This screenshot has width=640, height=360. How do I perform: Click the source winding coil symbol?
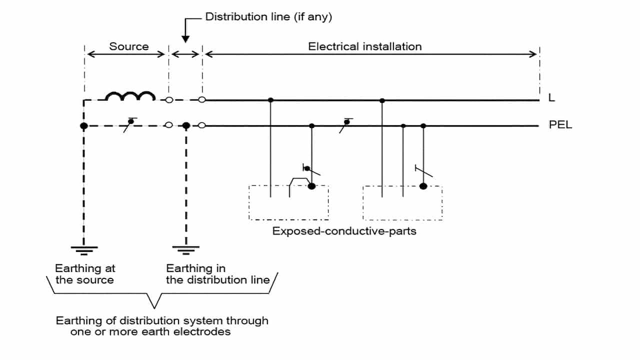pyautogui.click(x=130, y=96)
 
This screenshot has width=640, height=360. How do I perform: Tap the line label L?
pyautogui.click(x=551, y=98)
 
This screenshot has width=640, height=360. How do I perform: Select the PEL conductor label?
pyautogui.click(x=560, y=125)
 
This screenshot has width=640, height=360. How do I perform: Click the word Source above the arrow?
pyautogui.click(x=129, y=46)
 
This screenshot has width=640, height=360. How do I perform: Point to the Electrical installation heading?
pyautogui.click(x=364, y=46)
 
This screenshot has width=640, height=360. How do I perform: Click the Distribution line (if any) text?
pyautogui.click(x=268, y=17)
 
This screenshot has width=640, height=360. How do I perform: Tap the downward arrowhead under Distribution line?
pyautogui.click(x=185, y=38)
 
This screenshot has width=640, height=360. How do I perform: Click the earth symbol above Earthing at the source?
pyautogui.click(x=83, y=248)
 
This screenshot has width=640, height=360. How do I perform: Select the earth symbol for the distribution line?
pyautogui.click(x=186, y=248)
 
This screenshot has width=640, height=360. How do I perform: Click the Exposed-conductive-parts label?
pyautogui.click(x=344, y=231)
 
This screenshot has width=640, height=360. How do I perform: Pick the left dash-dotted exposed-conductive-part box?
pyautogui.click(x=288, y=202)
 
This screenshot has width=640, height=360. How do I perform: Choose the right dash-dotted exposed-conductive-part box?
pyautogui.click(x=402, y=202)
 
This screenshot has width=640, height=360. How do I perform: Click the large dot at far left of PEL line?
pyautogui.click(x=83, y=125)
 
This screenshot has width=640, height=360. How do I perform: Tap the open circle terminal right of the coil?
pyautogui.click(x=169, y=100)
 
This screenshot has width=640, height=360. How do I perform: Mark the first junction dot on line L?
pyautogui.click(x=270, y=100)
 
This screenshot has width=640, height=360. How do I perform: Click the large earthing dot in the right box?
pyautogui.click(x=423, y=186)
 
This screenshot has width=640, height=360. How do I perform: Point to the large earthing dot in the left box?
pyautogui.click(x=311, y=186)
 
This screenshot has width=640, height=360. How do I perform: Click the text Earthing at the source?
pyautogui.click(x=85, y=274)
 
